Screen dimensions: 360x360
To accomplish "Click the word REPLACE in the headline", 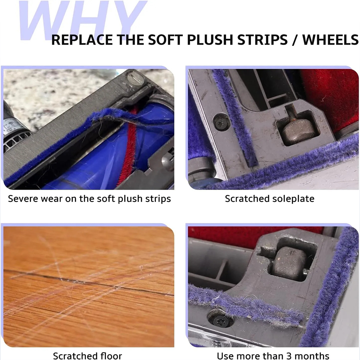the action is click(x=82, y=40).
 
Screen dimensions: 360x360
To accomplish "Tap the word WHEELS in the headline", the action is click(x=330, y=40).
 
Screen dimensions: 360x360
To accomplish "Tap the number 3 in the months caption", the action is click(x=289, y=356).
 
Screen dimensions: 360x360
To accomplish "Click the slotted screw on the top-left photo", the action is click(x=136, y=79).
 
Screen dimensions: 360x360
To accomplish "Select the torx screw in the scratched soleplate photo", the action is click(x=221, y=122).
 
